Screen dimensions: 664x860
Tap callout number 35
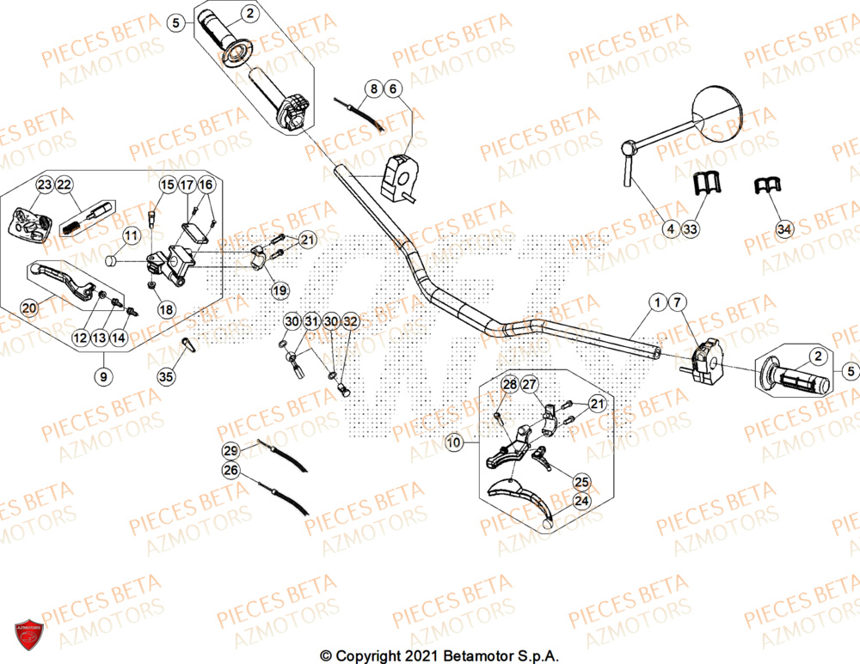tap(166, 375)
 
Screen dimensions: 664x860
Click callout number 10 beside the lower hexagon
tap(454, 442)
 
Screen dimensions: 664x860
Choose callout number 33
tap(690, 228)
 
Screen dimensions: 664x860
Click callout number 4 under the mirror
tap(669, 228)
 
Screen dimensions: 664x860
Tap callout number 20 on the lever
tap(29, 308)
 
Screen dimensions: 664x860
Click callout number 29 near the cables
tap(230, 450)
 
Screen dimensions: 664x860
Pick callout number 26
tap(230, 470)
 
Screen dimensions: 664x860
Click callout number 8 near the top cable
tap(372, 88)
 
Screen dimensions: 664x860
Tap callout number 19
tap(279, 291)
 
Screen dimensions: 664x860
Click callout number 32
tap(349, 320)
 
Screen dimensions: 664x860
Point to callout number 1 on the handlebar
tap(657, 302)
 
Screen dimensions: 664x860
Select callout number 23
tap(44, 185)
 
